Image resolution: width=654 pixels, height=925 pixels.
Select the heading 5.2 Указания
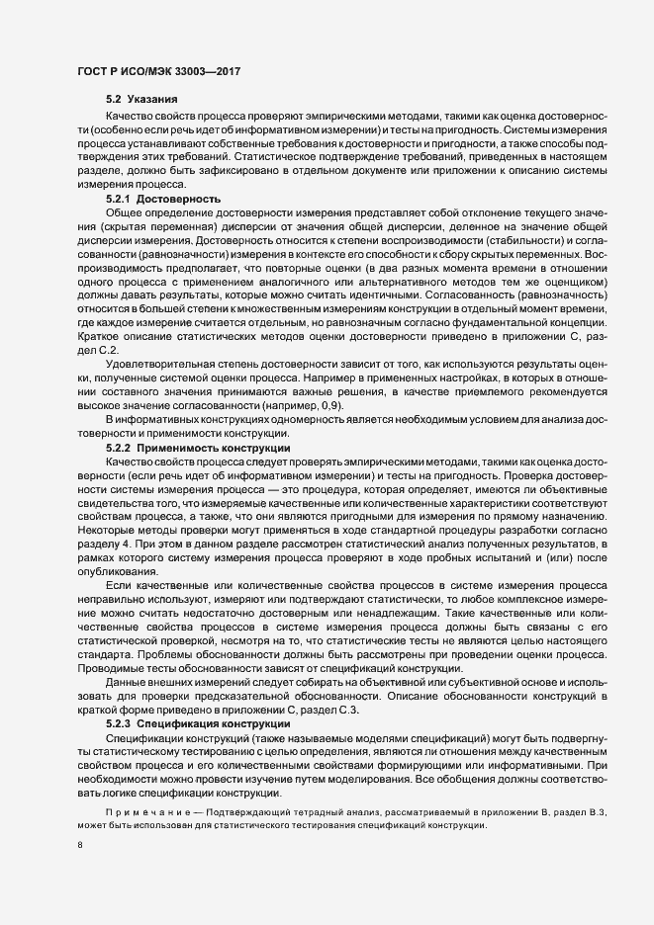pos(141,101)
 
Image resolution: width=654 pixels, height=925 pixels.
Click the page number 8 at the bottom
pos(78,844)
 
